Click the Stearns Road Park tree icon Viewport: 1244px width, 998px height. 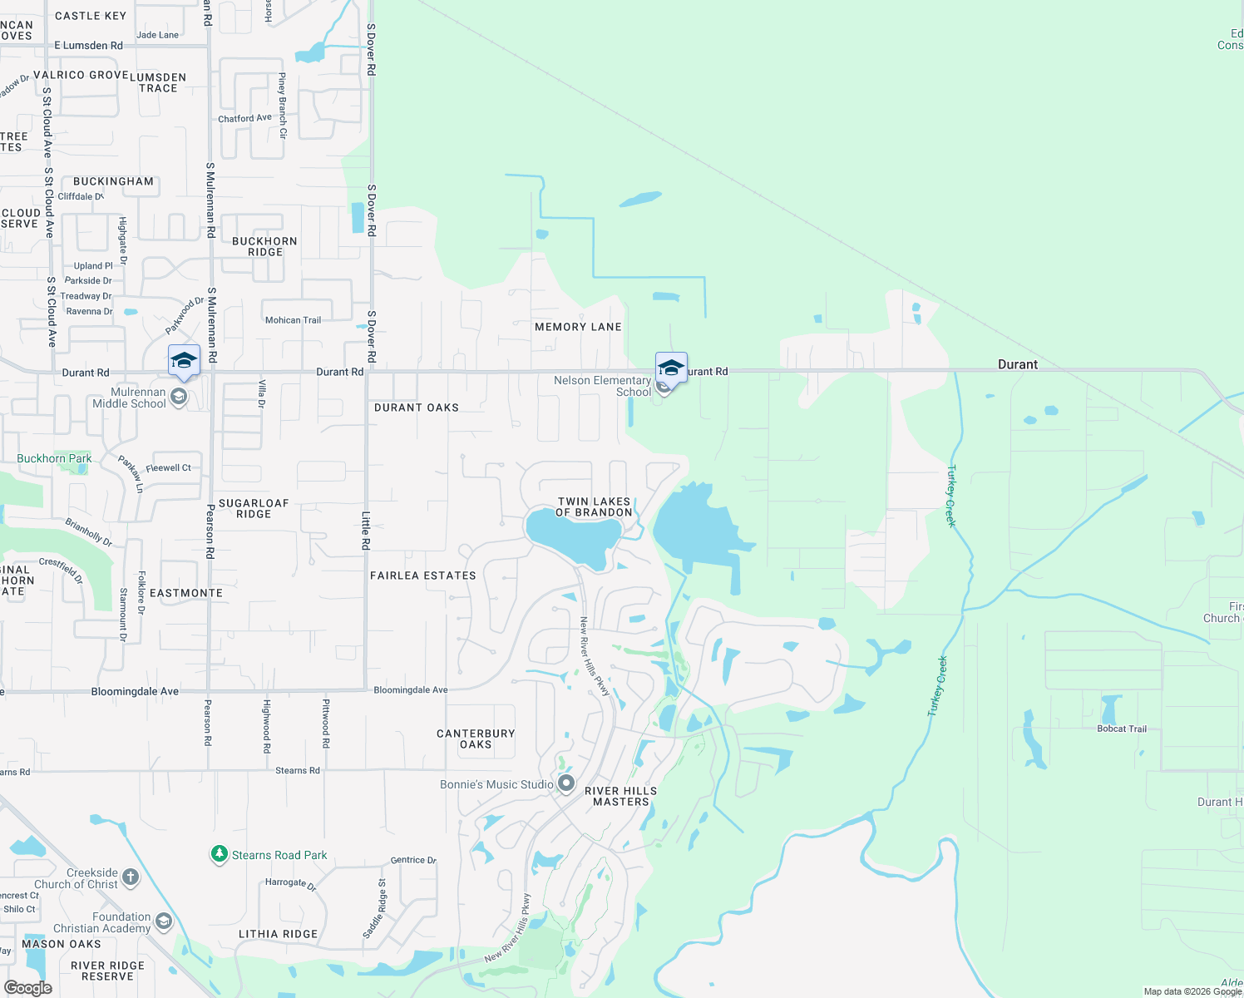219,854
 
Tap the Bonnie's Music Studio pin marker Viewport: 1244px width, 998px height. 566,783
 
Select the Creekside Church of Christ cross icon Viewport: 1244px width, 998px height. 131,877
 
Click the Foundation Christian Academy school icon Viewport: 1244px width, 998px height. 164,921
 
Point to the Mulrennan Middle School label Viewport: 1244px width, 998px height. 129,398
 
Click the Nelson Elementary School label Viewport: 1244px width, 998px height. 602,386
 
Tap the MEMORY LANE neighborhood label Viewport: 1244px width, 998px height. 578,327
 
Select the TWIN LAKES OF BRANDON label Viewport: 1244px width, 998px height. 594,507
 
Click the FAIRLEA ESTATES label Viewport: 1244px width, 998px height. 422,576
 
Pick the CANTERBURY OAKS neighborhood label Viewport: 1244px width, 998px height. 476,739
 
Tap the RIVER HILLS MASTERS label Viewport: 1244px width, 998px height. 620,796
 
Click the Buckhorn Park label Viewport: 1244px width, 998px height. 54,458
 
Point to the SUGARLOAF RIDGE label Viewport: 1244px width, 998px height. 254,508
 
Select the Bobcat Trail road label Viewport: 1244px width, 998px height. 1121,729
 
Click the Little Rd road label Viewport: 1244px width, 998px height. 366,531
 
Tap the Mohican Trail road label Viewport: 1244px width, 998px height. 293,320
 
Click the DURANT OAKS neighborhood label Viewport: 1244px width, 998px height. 416,408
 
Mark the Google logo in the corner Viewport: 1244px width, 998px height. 27,988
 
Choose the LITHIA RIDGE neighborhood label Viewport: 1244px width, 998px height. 278,934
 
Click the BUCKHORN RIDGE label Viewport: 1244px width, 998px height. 264,246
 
